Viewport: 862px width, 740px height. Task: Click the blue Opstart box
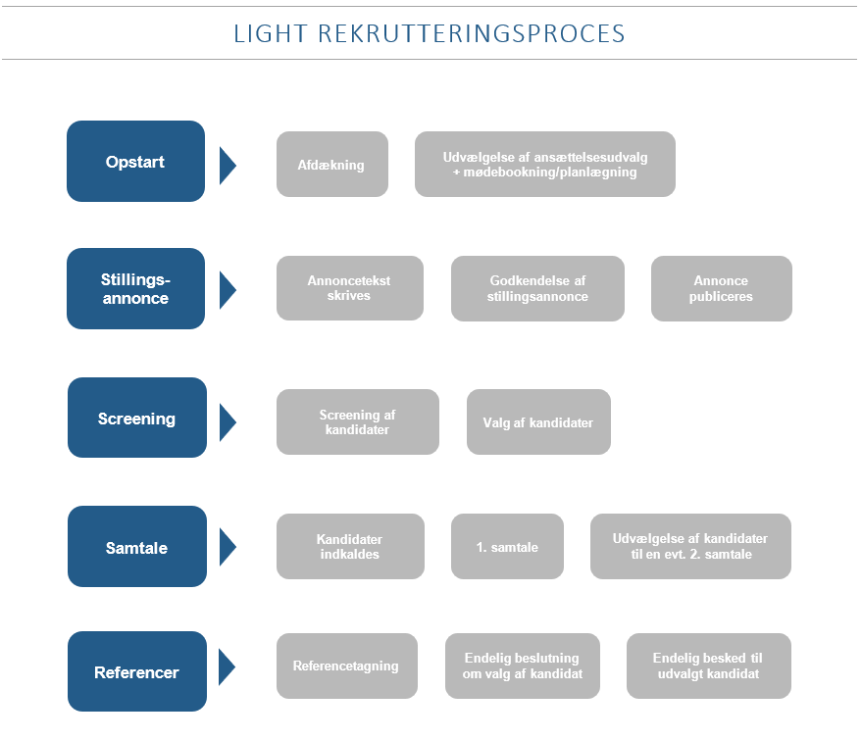click(x=135, y=162)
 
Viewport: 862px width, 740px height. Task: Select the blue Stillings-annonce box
click(x=135, y=288)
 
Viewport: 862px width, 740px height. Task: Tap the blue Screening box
click(x=136, y=419)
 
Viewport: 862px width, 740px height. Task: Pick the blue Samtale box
click(x=136, y=547)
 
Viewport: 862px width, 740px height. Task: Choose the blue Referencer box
click(x=136, y=672)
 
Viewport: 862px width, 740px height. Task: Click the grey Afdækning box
click(x=331, y=165)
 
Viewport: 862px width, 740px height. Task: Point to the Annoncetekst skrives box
click(x=349, y=288)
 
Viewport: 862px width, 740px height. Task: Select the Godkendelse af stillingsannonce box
click(x=537, y=288)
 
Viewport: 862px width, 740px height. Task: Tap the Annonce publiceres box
click(x=721, y=288)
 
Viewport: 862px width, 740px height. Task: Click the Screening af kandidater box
click(x=357, y=422)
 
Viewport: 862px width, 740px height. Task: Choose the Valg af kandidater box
click(x=538, y=422)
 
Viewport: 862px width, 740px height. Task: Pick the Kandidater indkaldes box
click(x=349, y=547)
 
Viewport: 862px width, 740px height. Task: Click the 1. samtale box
click(x=507, y=547)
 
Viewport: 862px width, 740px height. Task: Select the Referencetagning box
click(x=346, y=666)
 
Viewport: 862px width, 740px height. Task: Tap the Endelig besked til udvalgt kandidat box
click(x=708, y=666)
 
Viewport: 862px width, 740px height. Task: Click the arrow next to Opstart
click(x=228, y=165)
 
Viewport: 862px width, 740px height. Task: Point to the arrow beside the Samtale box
click(x=228, y=547)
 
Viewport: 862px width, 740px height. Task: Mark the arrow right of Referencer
click(x=228, y=667)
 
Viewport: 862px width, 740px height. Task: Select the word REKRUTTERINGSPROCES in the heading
click(x=471, y=33)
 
